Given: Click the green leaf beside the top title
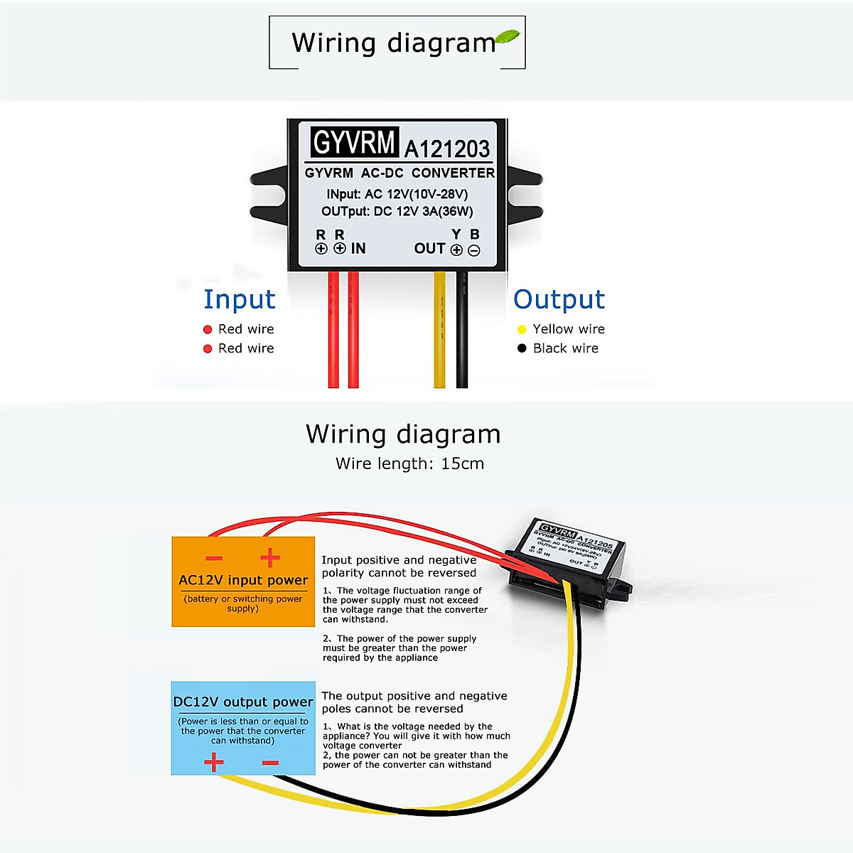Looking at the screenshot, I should pos(507,38).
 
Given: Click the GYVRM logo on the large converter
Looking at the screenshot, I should pos(353,143).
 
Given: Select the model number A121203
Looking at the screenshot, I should pos(447,149).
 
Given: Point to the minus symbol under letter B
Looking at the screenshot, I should pos(474,250).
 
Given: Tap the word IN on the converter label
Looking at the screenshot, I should pos(358,249).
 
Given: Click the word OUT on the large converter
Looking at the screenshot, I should pos(429,249).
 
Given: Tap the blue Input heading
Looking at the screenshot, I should pos(239,299).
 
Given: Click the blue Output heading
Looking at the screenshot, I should pos(559,299).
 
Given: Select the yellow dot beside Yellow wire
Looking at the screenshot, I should pos(522,329).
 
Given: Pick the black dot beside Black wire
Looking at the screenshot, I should pos(522,348).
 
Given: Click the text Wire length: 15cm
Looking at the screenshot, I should pos(409,463).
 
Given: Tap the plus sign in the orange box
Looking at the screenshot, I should pos(269,558).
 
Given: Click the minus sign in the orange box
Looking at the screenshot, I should pos(214,558).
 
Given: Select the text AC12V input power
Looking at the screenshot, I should pos(243,580).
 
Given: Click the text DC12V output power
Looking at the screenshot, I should pos(243,702).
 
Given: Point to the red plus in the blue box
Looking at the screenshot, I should pos(214,763).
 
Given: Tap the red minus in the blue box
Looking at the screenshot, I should pos(270,763).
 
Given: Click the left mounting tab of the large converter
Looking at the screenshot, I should pos(269,194).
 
